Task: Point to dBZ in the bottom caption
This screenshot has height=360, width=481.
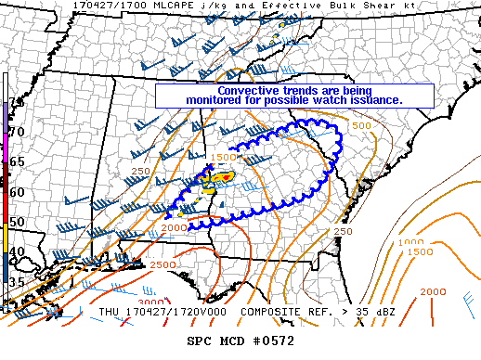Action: [383, 313]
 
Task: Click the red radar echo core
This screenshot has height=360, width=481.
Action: [220, 174]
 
